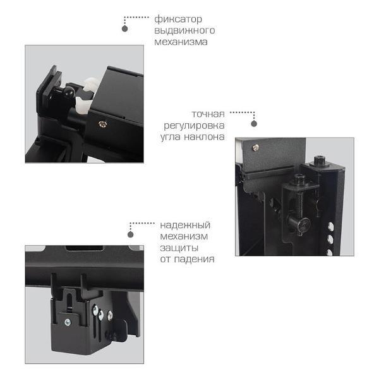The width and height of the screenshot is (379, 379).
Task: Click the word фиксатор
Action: coord(178,20)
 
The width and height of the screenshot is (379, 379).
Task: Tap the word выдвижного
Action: coord(184,31)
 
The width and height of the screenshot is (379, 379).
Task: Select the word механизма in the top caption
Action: coord(181,42)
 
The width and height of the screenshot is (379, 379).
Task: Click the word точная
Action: coord(208,114)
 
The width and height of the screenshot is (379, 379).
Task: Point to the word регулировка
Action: coord(195,126)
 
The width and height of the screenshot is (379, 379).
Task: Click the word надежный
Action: coord(185,226)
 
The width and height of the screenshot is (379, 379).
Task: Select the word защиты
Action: coord(179,248)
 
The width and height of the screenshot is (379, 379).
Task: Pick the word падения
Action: coord(195,259)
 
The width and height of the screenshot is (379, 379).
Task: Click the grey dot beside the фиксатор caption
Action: coord(124,29)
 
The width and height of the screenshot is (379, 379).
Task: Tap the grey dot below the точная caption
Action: coord(254,124)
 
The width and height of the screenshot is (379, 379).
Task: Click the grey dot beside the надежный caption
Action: coord(131,234)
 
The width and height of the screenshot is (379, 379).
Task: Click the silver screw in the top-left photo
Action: coord(103,124)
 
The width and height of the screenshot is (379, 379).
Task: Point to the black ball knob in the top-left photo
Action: coord(68,92)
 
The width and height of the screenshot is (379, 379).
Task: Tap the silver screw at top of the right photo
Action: coord(255,147)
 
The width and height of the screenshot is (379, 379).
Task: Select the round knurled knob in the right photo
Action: coord(304,224)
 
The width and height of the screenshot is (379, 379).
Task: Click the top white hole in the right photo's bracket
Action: coord(330,227)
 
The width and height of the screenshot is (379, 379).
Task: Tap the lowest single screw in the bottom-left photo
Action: coord(68,322)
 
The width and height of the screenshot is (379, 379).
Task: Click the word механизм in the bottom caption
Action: coord(184,236)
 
